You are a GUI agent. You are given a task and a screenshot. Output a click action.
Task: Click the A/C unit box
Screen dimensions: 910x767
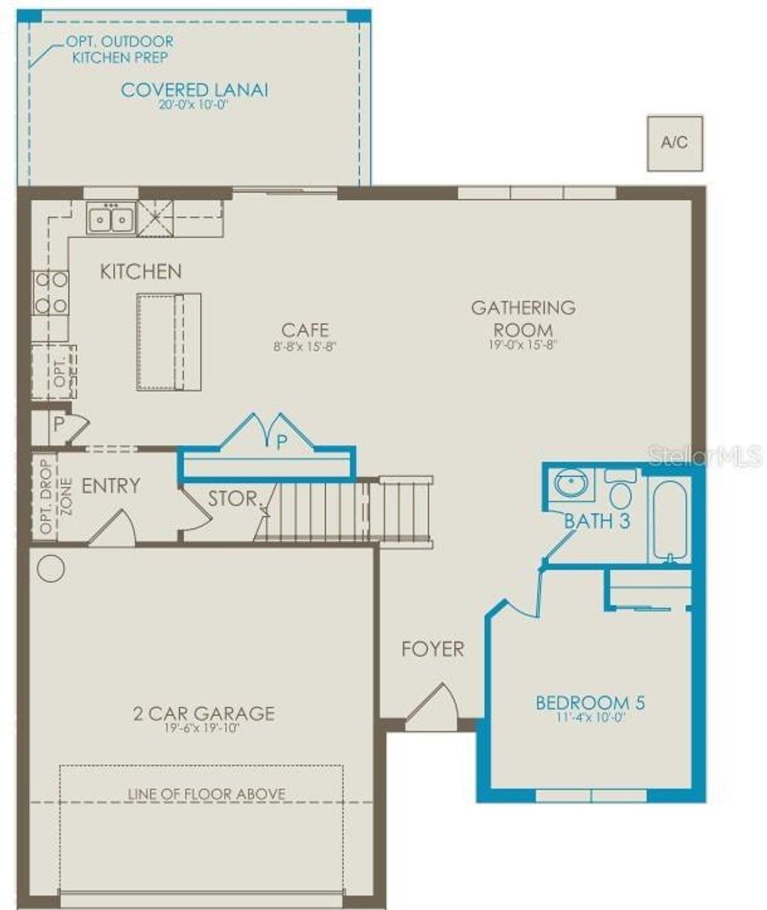click(x=675, y=143)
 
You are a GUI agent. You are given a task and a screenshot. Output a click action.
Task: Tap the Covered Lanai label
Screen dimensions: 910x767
click(x=194, y=90)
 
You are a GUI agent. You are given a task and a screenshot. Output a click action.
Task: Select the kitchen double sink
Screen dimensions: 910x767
click(x=111, y=219)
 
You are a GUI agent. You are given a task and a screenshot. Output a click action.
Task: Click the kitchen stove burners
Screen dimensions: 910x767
click(x=50, y=293)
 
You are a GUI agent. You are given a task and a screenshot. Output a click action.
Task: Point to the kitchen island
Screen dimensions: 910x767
click(x=169, y=342)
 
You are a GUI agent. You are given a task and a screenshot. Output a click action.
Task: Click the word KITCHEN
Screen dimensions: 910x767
click(x=141, y=272)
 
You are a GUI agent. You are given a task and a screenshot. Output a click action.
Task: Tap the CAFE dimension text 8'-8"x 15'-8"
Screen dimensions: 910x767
click(x=305, y=347)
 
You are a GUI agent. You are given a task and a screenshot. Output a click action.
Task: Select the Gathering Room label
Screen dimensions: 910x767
click(x=524, y=318)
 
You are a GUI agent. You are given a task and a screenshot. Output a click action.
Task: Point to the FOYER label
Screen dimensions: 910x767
click(x=433, y=649)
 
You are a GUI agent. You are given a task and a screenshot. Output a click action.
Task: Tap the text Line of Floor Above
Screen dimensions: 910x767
click(x=206, y=794)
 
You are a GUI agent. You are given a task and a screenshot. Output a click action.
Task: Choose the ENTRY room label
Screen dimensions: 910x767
click(x=111, y=486)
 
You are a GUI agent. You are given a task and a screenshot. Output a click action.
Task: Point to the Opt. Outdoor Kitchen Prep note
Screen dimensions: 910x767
click(x=124, y=49)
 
